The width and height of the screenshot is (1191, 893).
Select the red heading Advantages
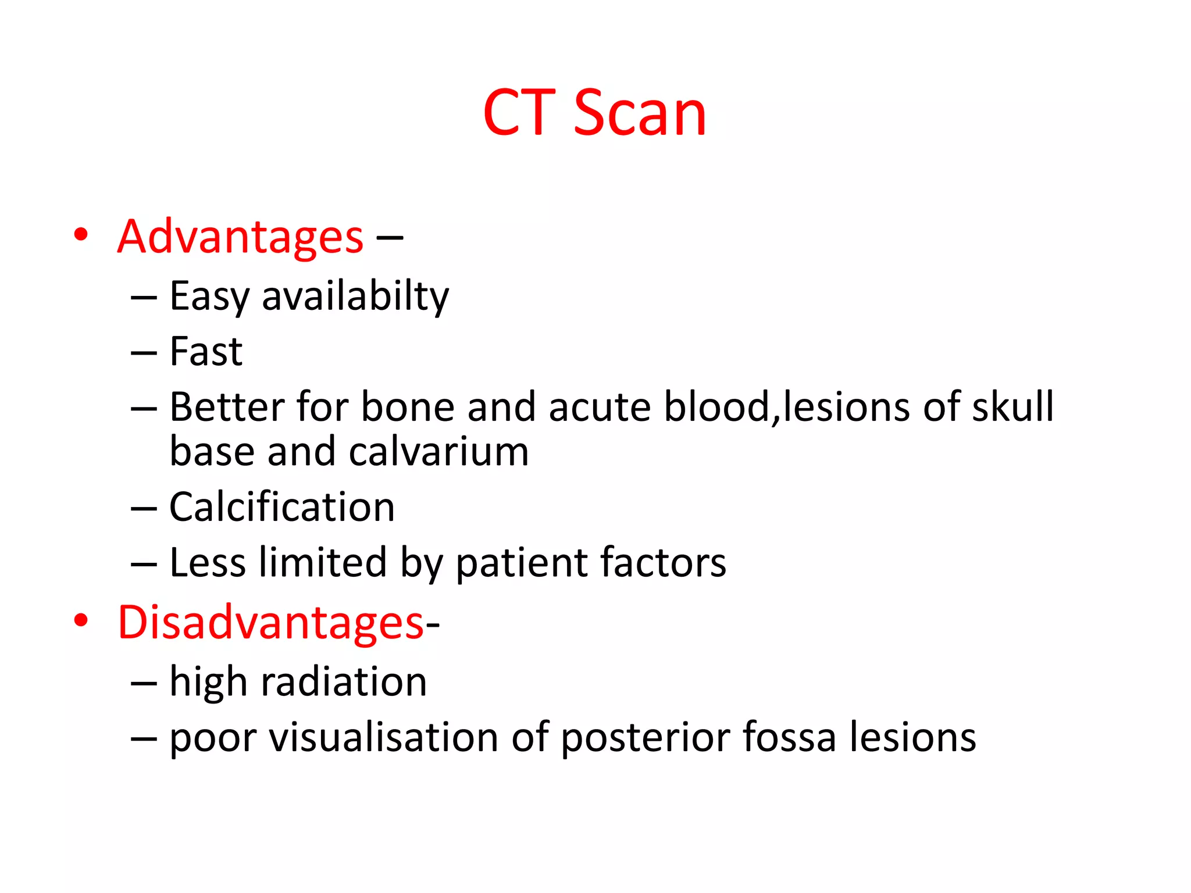(240, 237)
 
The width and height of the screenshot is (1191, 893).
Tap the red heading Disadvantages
(271, 623)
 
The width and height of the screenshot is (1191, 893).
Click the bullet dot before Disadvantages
(81, 621)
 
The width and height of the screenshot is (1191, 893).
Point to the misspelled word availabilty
(355, 297)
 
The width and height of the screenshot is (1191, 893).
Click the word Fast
(206, 352)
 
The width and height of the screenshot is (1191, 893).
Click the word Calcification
(282, 507)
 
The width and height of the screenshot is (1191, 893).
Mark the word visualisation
(383, 737)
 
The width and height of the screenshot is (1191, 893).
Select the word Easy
(209, 297)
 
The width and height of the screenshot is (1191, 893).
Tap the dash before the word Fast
(144, 353)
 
